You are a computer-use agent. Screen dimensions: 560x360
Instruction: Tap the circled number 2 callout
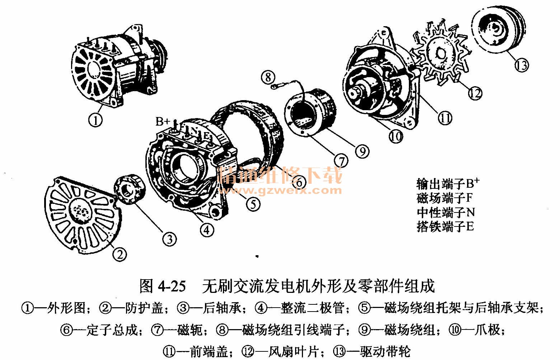click(120, 254)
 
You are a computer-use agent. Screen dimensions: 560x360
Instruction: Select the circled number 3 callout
click(169, 239)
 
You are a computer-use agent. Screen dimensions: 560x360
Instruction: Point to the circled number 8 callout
click(268, 77)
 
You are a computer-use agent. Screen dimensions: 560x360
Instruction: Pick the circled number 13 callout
click(522, 65)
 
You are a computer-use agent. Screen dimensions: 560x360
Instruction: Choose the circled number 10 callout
click(396, 136)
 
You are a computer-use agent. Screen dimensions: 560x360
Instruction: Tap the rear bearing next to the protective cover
click(129, 189)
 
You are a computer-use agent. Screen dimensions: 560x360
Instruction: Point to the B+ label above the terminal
click(163, 122)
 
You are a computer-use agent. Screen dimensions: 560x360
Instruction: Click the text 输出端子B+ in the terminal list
click(448, 184)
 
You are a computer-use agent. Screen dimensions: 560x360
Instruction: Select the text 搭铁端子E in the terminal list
click(445, 226)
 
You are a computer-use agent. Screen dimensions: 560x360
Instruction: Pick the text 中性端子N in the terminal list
click(445, 212)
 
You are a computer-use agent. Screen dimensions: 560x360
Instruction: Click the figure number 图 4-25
click(163, 286)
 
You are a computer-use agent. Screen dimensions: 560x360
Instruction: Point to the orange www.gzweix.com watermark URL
click(280, 191)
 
